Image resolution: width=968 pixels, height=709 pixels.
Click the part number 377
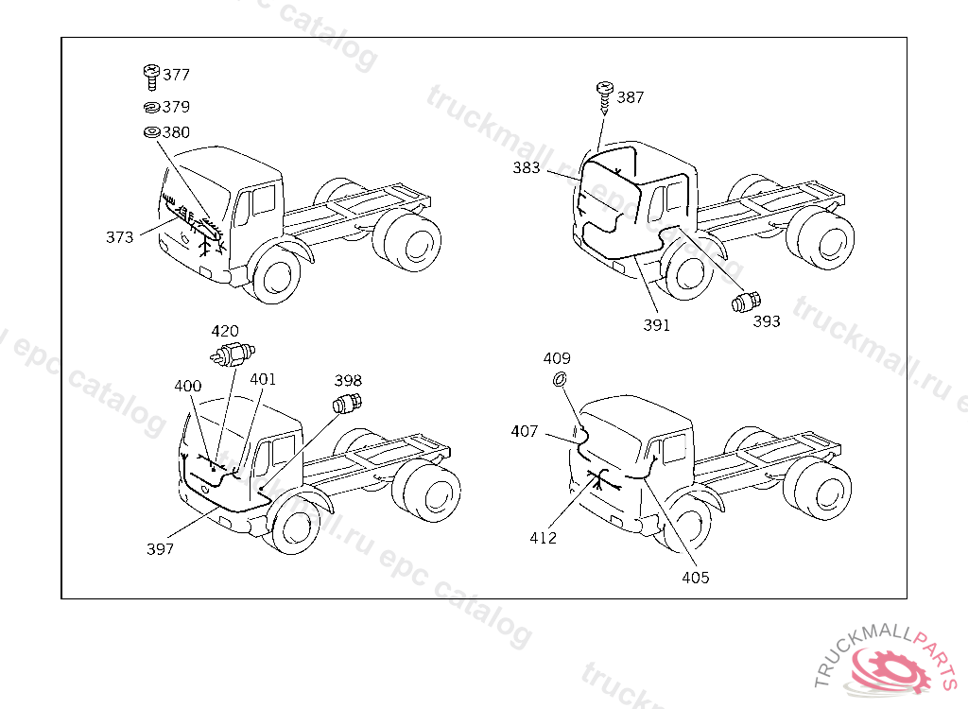[176, 75]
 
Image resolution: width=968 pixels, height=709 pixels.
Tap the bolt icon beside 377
[150, 75]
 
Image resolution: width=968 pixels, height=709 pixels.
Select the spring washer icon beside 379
[150, 107]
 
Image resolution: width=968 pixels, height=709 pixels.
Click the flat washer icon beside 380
[150, 131]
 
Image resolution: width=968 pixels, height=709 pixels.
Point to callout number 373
[119, 237]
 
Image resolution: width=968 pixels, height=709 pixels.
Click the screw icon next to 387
[603, 95]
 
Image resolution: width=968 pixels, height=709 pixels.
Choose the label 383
[527, 168]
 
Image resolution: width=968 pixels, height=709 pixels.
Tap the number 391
[656, 325]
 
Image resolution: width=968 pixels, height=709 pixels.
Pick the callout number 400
[188, 386]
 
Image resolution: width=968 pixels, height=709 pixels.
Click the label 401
[263, 379]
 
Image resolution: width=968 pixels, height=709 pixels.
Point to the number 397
[160, 548]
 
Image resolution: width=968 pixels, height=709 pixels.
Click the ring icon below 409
[559, 379]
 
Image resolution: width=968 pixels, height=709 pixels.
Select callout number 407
[524, 431]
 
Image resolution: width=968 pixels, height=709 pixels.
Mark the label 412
[543, 538]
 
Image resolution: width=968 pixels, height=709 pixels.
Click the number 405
[695, 578]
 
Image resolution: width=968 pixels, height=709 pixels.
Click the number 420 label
[225, 331]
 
